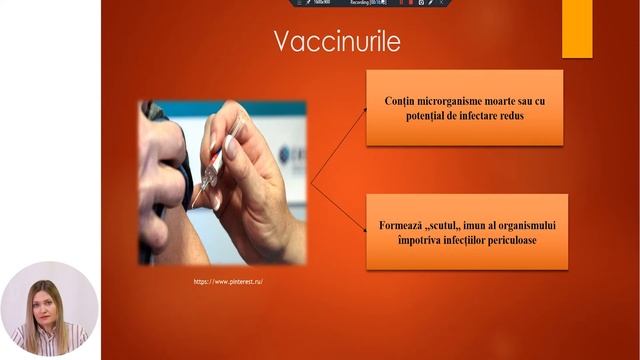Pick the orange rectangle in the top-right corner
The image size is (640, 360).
577,28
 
